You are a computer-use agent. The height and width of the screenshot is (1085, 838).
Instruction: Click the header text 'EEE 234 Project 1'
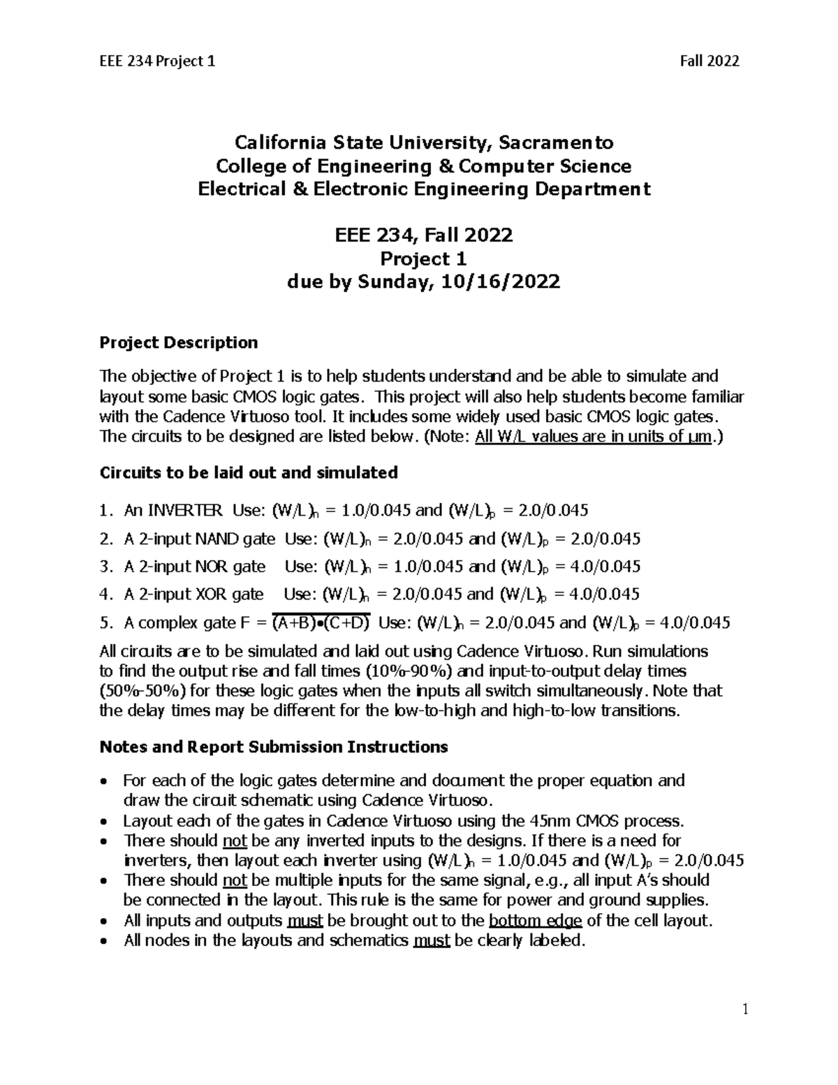tap(157, 61)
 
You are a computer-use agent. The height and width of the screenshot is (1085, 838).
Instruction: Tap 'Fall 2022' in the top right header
tap(710, 61)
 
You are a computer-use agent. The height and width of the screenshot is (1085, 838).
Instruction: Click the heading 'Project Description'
tap(179, 342)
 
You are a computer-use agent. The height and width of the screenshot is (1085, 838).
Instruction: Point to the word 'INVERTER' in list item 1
tap(173, 510)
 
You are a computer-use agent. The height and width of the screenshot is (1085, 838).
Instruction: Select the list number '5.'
tap(106, 622)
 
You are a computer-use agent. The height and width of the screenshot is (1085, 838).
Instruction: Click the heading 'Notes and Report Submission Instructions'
tap(274, 747)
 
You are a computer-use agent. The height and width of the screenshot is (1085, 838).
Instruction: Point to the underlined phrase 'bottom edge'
tap(536, 920)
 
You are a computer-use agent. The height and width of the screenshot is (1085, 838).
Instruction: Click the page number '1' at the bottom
tap(744, 1009)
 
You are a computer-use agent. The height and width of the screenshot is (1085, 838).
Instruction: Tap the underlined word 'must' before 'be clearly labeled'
tap(431, 940)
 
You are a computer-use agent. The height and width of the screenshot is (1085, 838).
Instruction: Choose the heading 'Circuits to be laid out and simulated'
tap(249, 473)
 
